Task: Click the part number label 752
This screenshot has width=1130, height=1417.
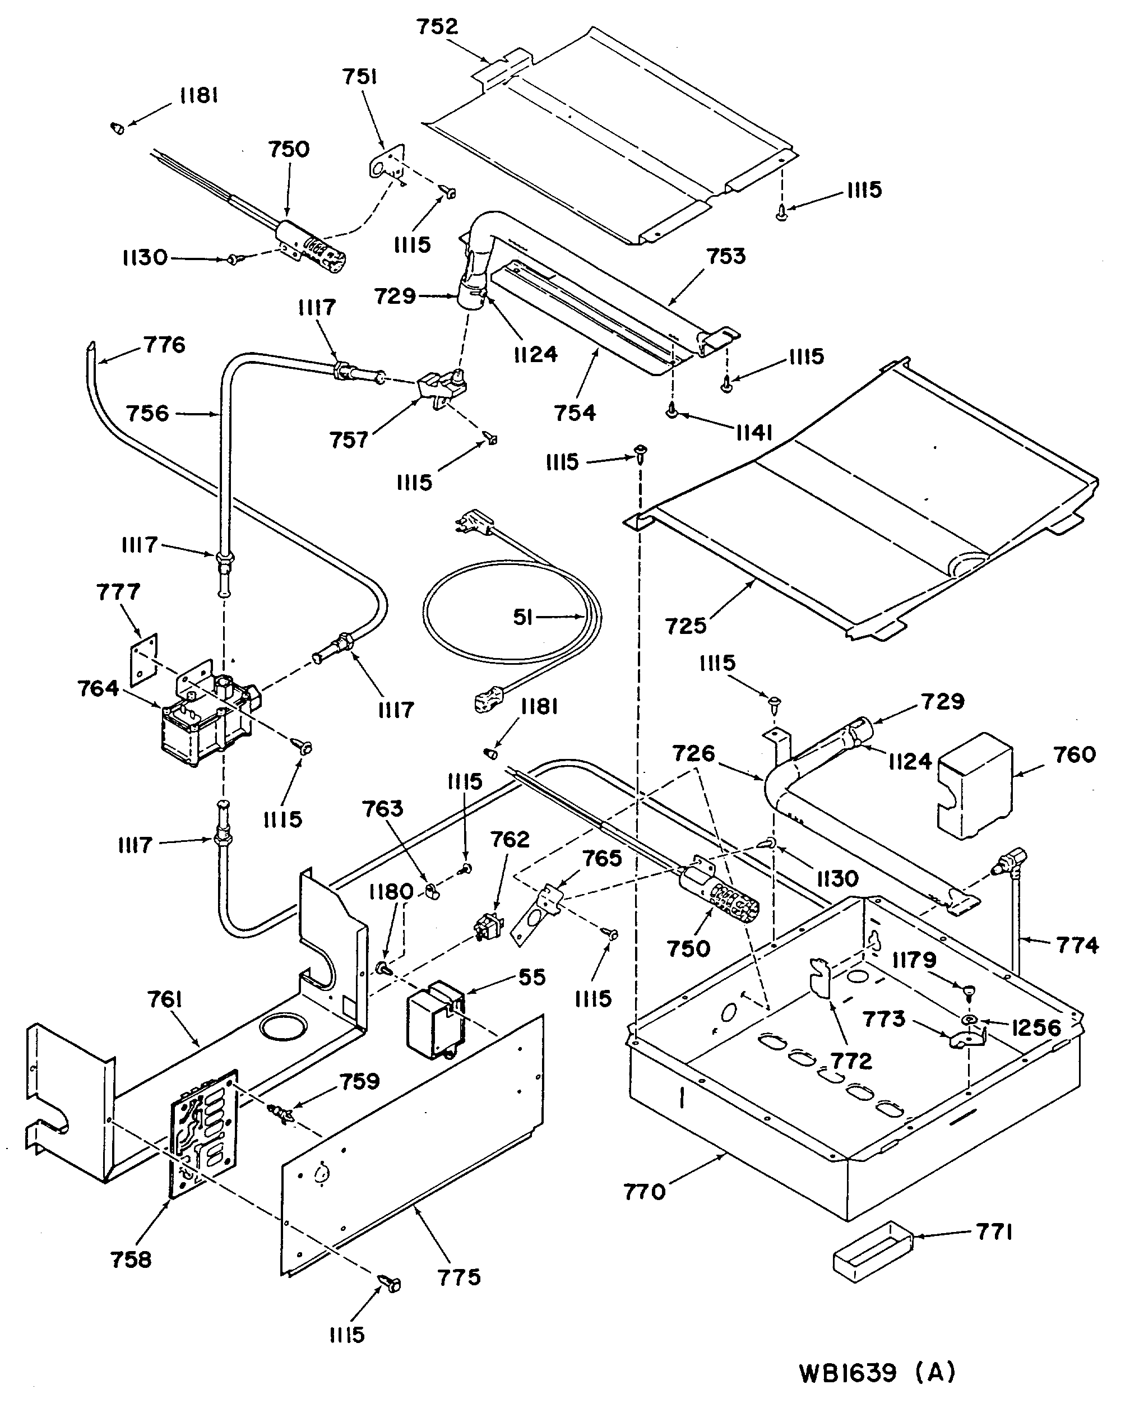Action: coord(437,26)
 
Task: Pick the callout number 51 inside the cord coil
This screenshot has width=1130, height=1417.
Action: coord(522,617)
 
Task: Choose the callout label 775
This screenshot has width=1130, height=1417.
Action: coord(460,1277)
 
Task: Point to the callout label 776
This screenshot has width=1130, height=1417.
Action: coord(164,344)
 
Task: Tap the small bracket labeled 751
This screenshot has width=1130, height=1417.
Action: coord(385,161)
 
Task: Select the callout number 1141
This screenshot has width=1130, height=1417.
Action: coord(753,433)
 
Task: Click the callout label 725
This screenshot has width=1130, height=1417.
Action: coord(686,626)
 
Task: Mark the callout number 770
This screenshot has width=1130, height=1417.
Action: coord(645,1192)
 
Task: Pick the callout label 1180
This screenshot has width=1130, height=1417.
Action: coord(391,891)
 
